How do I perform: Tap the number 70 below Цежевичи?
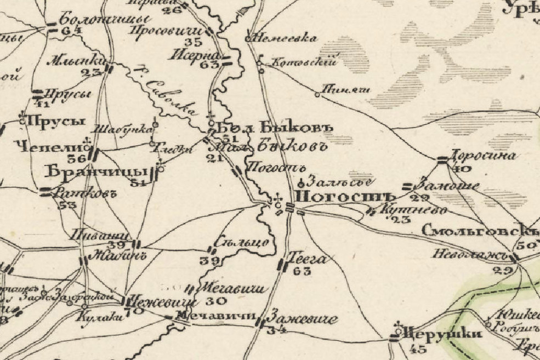click(x=137, y=311)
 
